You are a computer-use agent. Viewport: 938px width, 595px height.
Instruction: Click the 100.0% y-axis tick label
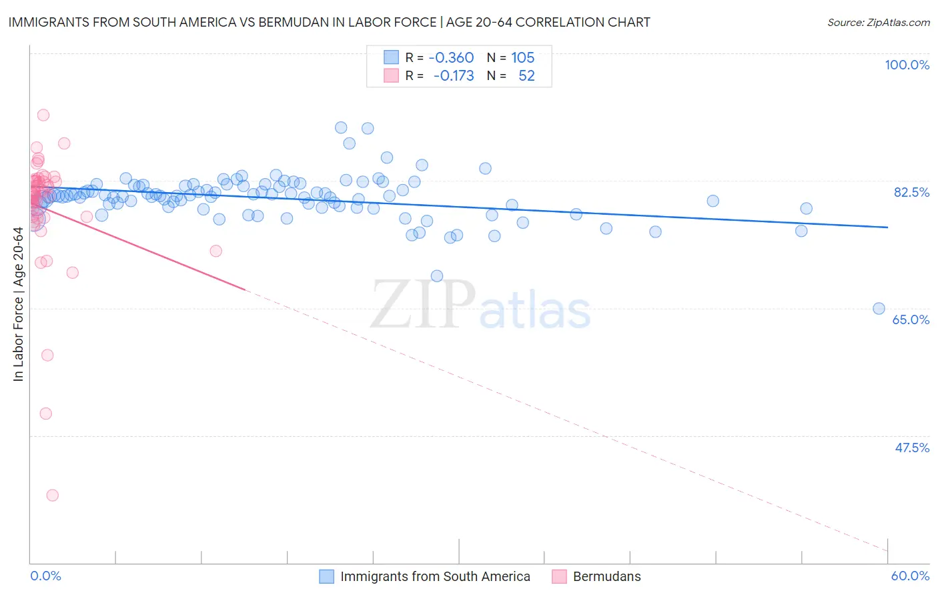coord(907,65)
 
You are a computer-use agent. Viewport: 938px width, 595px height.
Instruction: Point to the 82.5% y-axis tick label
coord(911,192)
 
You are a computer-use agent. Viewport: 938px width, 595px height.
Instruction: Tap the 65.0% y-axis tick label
coord(911,320)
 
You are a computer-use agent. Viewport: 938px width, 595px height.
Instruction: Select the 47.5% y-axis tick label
coord(912,448)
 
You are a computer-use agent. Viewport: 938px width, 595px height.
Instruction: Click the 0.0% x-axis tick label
coord(45,576)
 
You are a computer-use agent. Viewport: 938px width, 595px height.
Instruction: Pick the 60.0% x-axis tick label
coord(910,576)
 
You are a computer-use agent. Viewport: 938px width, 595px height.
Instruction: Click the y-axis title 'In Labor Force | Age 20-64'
coord(18,304)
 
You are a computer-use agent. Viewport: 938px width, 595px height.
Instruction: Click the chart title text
coord(329,22)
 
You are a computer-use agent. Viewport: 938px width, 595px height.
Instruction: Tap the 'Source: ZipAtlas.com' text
coord(878,22)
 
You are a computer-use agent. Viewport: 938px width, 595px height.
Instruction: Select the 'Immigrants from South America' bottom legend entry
coord(435,576)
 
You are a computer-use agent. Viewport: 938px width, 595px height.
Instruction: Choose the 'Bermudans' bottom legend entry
coord(606,576)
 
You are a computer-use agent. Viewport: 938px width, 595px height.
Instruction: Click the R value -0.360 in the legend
coord(451,57)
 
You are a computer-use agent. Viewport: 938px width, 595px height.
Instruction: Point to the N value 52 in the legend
coord(526,75)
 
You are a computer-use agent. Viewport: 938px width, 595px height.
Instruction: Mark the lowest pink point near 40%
coord(52,495)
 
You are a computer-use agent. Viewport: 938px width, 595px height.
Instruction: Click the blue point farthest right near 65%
coord(879,308)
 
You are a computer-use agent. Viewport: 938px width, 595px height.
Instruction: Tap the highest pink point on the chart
coord(43,115)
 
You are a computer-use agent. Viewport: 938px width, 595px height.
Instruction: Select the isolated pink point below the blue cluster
coord(215,251)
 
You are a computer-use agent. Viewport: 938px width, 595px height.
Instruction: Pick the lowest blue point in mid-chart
coord(437,275)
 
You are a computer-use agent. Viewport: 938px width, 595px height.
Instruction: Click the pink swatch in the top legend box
coord(391,75)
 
